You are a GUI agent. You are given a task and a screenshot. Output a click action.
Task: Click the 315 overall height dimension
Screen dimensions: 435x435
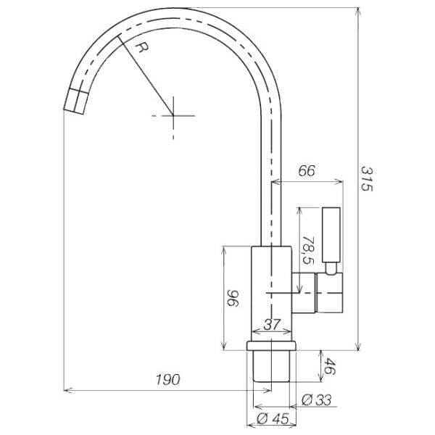coord(367,179)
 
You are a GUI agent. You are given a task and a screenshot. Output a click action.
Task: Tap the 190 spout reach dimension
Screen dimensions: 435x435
coord(168,379)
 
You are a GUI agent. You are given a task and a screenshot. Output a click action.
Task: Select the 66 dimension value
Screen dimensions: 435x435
coord(307,171)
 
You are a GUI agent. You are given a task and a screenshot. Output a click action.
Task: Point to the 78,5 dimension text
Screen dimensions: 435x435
coord(308,250)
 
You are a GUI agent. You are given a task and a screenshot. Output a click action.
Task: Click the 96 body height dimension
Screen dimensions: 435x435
coord(233,298)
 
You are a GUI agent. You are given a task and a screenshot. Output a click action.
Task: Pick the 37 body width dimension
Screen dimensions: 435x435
coord(272,325)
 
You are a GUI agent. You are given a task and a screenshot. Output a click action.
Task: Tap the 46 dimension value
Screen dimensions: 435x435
coord(330,366)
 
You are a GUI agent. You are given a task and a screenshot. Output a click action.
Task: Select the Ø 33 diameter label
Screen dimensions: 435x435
coord(316,400)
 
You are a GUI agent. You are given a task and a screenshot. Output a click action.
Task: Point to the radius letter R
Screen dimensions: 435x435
coord(143,47)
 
